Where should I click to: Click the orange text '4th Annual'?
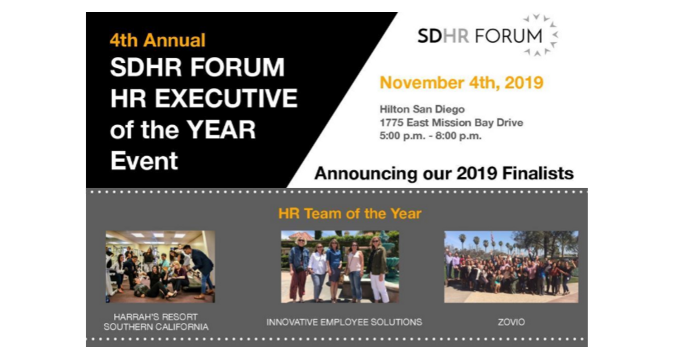click(x=158, y=40)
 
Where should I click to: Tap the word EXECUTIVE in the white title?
click(x=226, y=98)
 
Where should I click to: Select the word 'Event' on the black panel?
click(x=144, y=161)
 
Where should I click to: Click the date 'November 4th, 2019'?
click(x=461, y=83)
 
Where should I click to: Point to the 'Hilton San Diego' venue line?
click(x=422, y=109)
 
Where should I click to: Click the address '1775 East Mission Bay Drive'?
click(x=451, y=123)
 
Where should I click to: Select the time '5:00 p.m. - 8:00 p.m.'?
click(x=430, y=136)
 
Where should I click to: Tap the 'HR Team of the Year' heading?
click(x=350, y=214)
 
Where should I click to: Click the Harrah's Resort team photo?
click(x=160, y=267)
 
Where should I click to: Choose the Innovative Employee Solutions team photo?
click(x=340, y=267)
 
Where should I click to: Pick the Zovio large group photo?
click(x=511, y=267)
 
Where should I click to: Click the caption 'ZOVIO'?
click(x=511, y=322)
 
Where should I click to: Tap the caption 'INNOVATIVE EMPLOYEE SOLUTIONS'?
click(x=344, y=322)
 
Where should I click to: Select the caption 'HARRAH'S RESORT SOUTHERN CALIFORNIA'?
click(x=156, y=322)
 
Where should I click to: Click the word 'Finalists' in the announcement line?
click(x=538, y=173)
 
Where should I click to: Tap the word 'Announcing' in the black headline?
click(x=366, y=174)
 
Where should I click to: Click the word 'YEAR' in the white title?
click(x=221, y=130)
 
